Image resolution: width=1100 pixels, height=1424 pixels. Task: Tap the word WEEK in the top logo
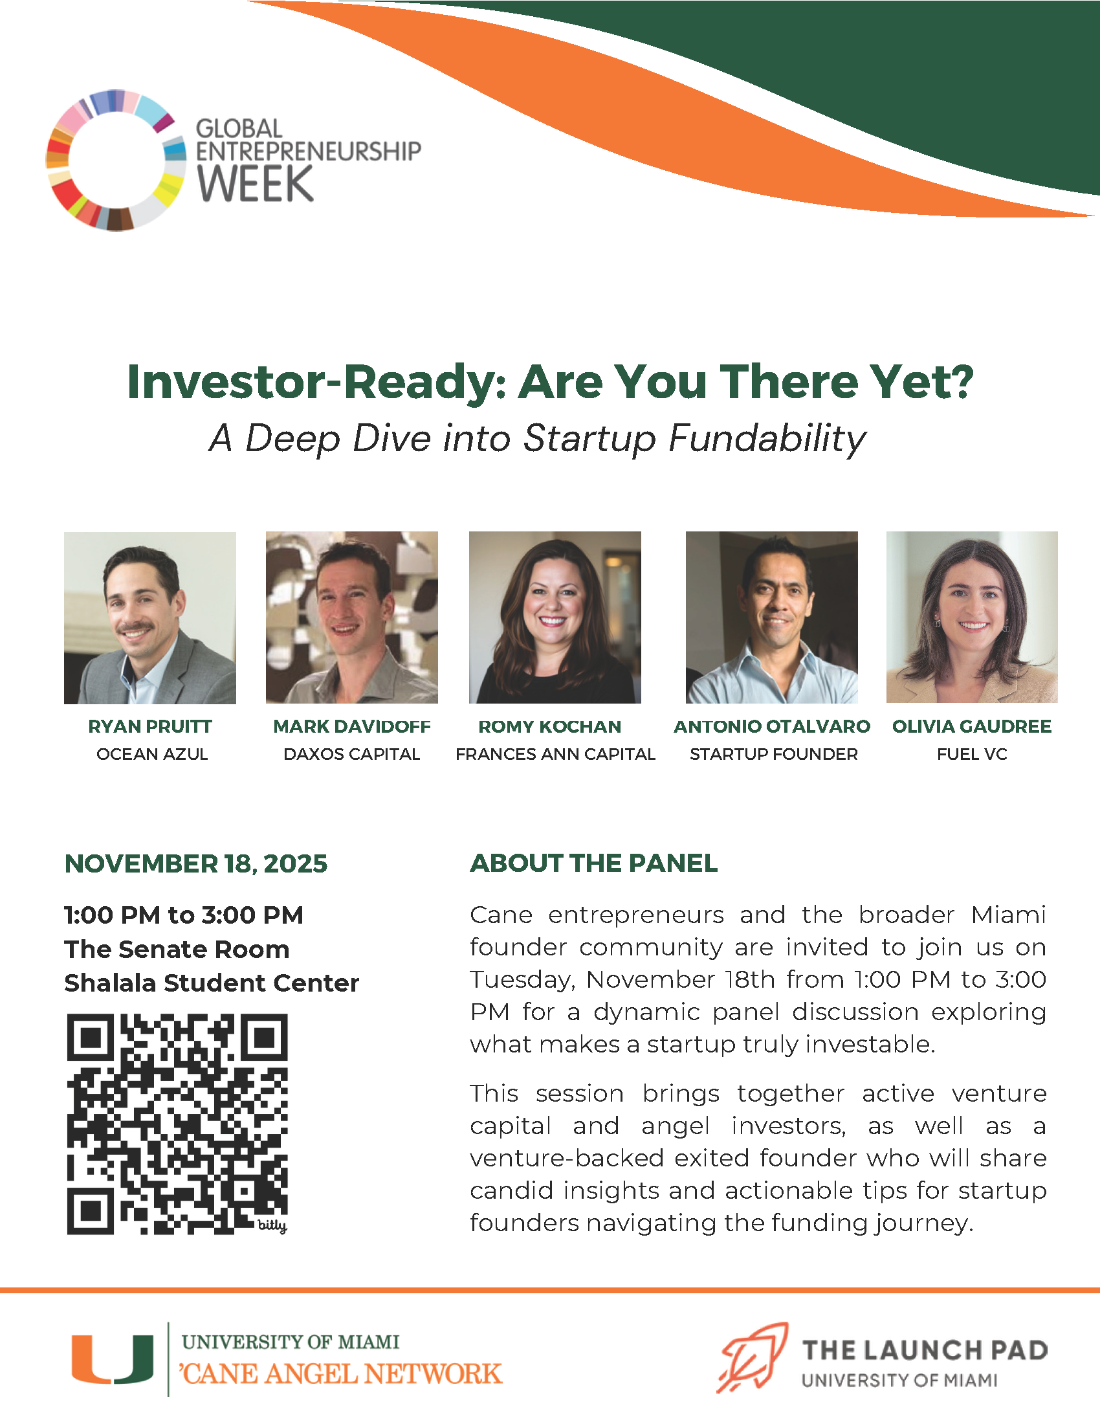click(x=256, y=184)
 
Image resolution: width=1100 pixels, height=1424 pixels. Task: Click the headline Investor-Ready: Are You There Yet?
click(x=550, y=382)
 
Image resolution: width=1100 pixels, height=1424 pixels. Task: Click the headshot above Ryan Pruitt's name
click(x=150, y=617)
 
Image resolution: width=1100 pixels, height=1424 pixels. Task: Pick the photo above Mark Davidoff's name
click(x=352, y=617)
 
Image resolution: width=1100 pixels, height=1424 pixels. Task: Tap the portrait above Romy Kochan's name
click(x=555, y=617)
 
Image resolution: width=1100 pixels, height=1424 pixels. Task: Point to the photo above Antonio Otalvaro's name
click(x=771, y=617)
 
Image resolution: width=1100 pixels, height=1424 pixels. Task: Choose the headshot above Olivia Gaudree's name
click(x=972, y=617)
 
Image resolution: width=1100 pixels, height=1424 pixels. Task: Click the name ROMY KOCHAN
click(x=550, y=726)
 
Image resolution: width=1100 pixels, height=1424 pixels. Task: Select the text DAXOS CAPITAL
click(x=352, y=754)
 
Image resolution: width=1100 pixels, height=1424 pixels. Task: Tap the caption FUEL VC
click(x=973, y=754)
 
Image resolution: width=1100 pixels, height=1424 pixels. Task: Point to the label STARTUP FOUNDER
click(x=774, y=754)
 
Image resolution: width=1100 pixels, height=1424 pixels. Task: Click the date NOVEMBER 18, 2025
click(x=195, y=864)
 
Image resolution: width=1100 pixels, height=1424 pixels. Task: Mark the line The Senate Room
click(x=177, y=950)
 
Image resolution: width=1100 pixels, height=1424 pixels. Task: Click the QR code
click(x=177, y=1124)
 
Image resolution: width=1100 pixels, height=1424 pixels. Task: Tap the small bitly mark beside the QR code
click(x=272, y=1226)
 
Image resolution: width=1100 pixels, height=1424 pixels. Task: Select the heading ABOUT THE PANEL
click(x=593, y=863)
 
